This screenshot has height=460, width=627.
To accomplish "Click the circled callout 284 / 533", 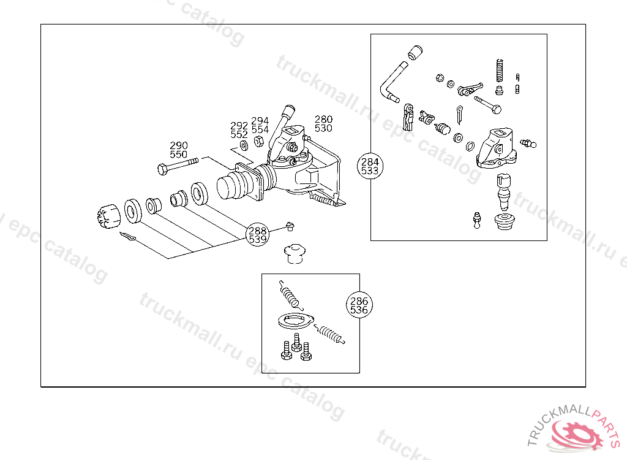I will click(x=370, y=166).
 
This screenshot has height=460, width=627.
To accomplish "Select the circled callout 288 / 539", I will click(x=258, y=234).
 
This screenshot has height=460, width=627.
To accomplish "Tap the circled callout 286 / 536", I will click(x=359, y=305).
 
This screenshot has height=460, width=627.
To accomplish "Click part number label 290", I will click(x=179, y=146).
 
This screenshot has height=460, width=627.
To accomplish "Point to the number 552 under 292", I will click(x=239, y=134).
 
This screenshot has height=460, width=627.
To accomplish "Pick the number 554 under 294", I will click(x=260, y=129).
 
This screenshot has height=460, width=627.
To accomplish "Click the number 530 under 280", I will click(x=323, y=128).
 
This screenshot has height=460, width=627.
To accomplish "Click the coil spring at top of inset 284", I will click(x=498, y=70).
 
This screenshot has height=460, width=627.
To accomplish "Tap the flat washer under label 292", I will click(x=244, y=145).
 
